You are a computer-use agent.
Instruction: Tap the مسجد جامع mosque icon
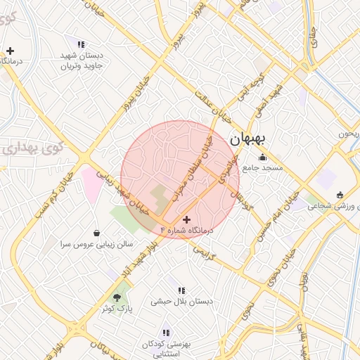coord(262,157)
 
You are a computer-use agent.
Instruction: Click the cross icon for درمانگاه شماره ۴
coord(186,220)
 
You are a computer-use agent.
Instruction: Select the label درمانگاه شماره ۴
coord(186,231)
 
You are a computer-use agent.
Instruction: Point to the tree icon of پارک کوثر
coord(117,297)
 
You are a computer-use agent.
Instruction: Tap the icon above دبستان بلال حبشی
coord(181,290)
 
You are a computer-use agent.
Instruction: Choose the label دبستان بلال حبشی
coord(181,301)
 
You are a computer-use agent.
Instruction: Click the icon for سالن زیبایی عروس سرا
coord(96,233)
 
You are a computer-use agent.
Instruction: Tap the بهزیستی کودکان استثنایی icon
coord(166,333)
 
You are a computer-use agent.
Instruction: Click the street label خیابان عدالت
coord(213,106)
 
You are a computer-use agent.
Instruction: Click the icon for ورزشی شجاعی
coord(340,195)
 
